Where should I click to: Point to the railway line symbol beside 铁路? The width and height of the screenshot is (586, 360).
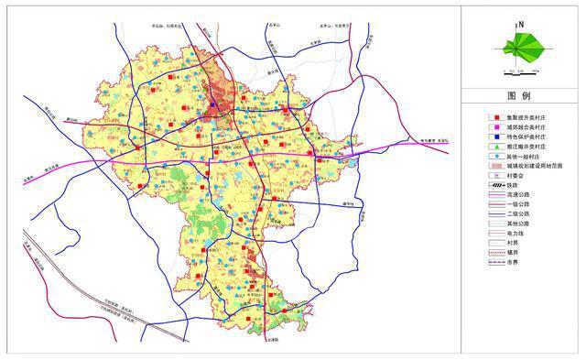[x=495, y=186]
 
